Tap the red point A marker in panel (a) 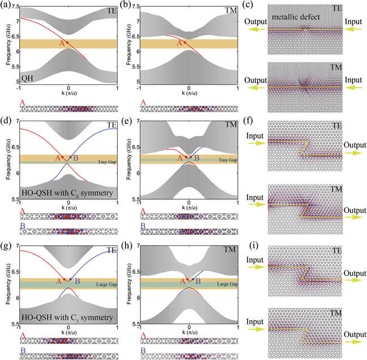click(x=67, y=42)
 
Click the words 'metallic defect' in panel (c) click(x=291, y=17)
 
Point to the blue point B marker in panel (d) click(x=70, y=157)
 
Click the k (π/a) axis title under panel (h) click(x=189, y=332)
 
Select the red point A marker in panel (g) click(x=65, y=279)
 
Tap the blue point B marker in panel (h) click(x=193, y=279)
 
